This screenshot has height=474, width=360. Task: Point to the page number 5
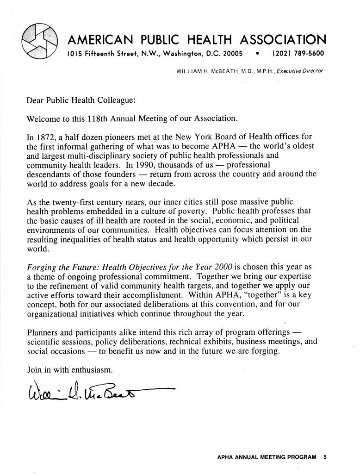(325, 457)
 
